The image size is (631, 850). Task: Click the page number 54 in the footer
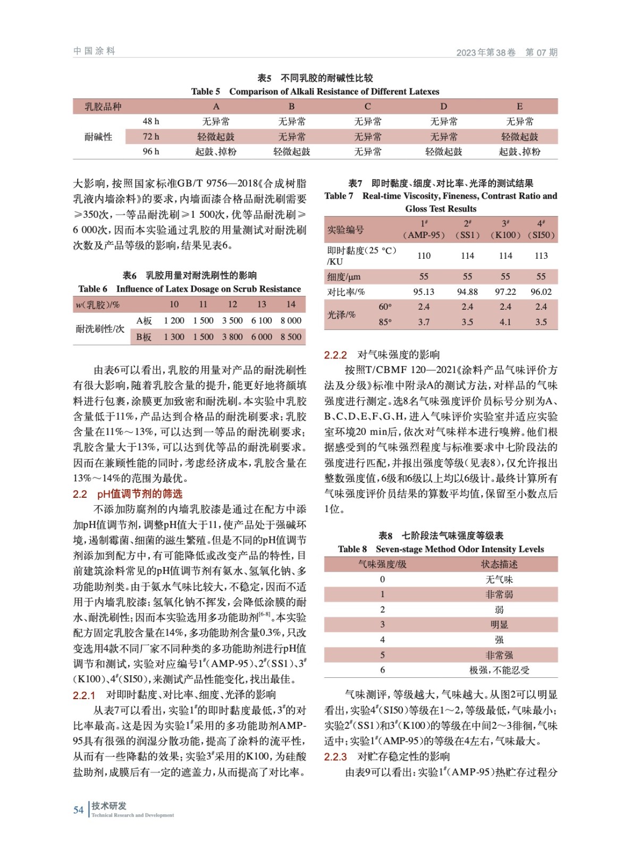point(78,810)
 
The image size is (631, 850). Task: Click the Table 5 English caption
point(315,91)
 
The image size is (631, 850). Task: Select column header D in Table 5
point(443,106)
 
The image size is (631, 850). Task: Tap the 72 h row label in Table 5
point(151,137)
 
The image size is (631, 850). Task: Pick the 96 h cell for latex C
point(367,151)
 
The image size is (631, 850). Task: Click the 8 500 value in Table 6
point(291,337)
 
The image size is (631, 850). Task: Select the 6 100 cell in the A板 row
point(262,320)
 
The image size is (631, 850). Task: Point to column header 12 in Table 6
point(232,304)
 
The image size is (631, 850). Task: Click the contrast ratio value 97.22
point(505,292)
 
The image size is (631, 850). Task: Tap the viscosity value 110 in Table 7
point(424,256)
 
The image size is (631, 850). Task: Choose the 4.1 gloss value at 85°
point(505,322)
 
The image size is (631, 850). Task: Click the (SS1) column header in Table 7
point(467,235)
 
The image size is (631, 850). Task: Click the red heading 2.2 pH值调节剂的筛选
point(128,494)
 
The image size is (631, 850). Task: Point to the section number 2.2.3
point(335,756)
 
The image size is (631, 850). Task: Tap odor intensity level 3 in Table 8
point(382,625)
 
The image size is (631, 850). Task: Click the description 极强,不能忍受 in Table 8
point(499,670)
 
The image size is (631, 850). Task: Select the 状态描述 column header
point(499,564)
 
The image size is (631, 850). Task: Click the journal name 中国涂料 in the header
point(94,51)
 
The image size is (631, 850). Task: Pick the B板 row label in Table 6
point(144,337)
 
